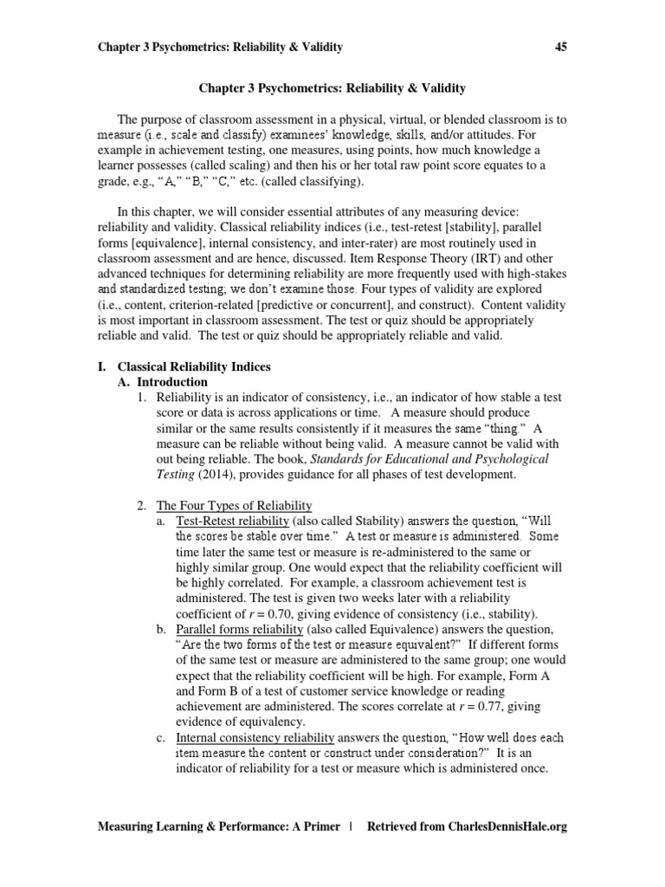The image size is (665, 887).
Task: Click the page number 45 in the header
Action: coord(559,47)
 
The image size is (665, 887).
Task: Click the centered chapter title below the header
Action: coord(332,88)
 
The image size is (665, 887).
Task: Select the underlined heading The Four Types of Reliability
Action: coord(234,505)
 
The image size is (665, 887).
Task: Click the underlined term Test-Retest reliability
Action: coord(232,521)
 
